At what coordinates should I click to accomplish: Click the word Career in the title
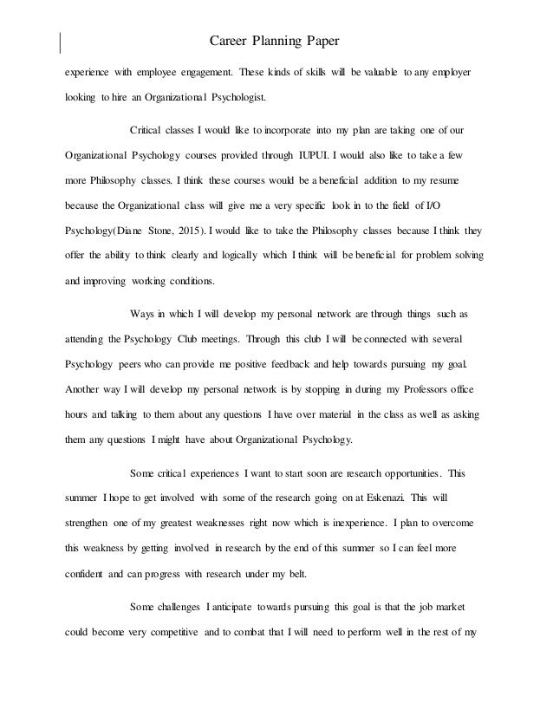pos(230,40)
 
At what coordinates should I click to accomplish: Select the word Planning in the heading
pos(283,40)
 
